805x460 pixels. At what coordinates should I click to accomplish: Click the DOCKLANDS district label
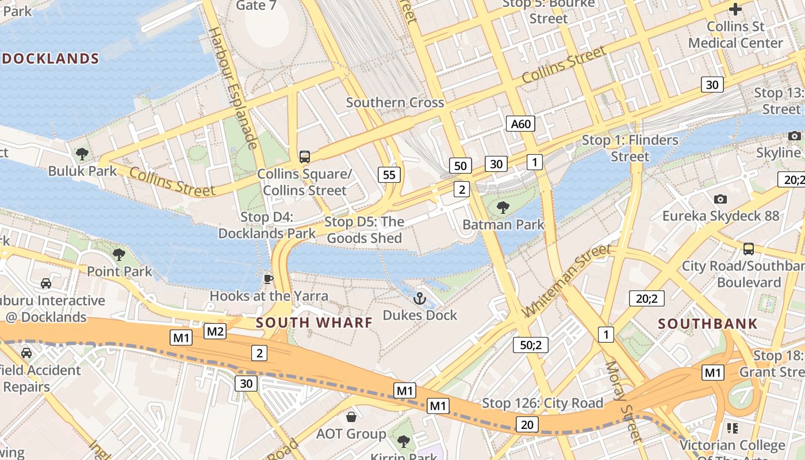coord(51,59)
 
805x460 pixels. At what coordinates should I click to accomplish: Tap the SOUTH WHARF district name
coord(315,323)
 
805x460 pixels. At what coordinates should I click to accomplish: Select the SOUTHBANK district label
coord(708,324)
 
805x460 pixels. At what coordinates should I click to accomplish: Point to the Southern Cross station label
coord(394,103)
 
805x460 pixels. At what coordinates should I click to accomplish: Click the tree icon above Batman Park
coord(503,208)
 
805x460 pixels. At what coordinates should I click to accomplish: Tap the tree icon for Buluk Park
coord(82,154)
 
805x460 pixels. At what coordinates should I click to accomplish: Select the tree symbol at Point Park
coord(119,254)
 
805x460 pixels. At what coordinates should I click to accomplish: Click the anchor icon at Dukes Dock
coord(420,298)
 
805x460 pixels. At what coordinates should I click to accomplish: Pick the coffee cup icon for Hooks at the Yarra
coord(268,279)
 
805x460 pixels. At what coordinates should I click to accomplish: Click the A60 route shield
coord(521,124)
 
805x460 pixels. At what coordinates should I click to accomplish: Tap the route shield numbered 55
coord(389,175)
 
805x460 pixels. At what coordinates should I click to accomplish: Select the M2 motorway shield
coord(215,331)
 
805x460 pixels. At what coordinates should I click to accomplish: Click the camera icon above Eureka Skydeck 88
coord(720,199)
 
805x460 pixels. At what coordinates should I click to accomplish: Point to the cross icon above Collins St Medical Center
coord(735,9)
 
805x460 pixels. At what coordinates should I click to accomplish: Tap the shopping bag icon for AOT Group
coord(351,416)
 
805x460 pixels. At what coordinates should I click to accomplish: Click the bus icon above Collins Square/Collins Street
coord(304,156)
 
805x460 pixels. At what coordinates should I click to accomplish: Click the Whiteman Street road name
coord(566,281)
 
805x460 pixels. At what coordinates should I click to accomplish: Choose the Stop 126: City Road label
coord(542,403)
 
